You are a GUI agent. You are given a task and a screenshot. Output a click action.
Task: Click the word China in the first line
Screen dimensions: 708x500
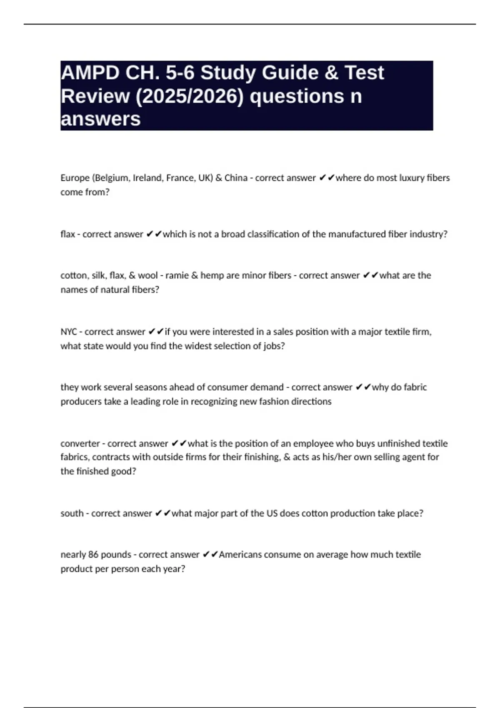pyautogui.click(x=236, y=178)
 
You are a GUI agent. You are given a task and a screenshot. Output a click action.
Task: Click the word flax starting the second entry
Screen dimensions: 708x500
pyautogui.click(x=67, y=234)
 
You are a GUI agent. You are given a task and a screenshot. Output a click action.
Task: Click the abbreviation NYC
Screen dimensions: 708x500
pyautogui.click(x=69, y=332)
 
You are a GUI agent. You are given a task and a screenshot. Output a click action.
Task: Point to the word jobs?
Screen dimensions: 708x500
pyautogui.click(x=274, y=346)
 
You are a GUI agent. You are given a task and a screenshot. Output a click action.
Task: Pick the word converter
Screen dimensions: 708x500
pyautogui.click(x=80, y=444)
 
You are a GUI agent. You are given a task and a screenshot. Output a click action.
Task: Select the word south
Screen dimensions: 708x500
pyautogui.click(x=72, y=514)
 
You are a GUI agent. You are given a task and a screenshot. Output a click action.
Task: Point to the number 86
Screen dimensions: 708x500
pyautogui.click(x=93, y=555)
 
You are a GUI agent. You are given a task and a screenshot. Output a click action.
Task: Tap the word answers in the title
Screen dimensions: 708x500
pyautogui.click(x=100, y=120)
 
